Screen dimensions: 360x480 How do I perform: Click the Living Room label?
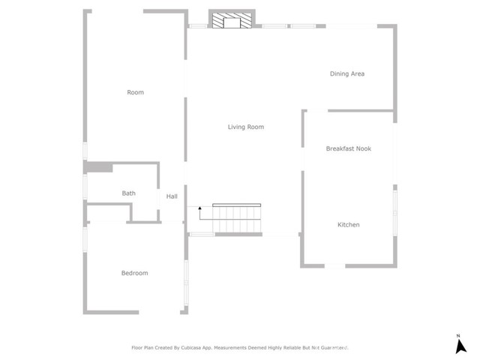(x=246, y=127)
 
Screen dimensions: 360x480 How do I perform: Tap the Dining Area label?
(x=347, y=73)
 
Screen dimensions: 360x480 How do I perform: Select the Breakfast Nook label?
(x=348, y=148)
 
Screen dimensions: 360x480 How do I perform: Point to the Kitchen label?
(x=348, y=225)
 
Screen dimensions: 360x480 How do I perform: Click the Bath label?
(x=129, y=193)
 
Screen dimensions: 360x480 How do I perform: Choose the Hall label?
(x=172, y=196)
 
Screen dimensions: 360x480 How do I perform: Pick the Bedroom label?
(x=134, y=273)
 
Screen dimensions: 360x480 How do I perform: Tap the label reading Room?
(x=135, y=92)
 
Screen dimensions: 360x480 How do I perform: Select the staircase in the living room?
(x=236, y=219)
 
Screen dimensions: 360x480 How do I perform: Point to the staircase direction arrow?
(x=199, y=210)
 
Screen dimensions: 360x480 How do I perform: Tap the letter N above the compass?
(x=457, y=334)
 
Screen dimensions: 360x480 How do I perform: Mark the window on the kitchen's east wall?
(x=394, y=213)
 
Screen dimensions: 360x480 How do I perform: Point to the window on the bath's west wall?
(x=85, y=187)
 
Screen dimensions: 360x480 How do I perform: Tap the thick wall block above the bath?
(x=98, y=167)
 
